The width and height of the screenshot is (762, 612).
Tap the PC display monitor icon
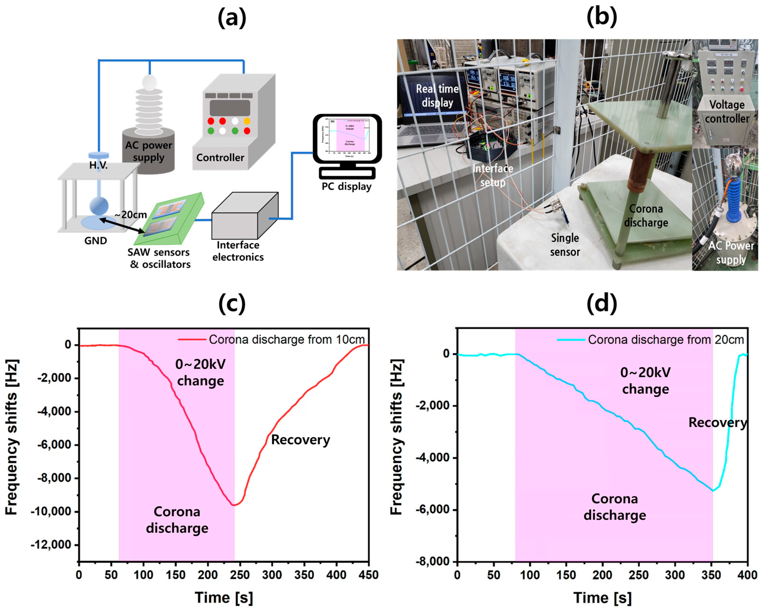(x=347, y=140)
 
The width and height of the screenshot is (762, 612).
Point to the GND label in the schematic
(x=95, y=241)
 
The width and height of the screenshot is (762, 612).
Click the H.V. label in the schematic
(x=98, y=165)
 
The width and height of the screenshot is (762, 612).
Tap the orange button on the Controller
(x=247, y=121)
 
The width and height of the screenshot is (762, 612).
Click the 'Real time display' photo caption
(x=437, y=95)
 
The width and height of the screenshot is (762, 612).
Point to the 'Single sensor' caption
(x=565, y=245)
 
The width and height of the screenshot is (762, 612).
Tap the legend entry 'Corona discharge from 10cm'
(x=286, y=339)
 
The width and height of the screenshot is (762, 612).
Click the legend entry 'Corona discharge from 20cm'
(x=665, y=340)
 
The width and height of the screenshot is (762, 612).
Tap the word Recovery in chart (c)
(x=300, y=440)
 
